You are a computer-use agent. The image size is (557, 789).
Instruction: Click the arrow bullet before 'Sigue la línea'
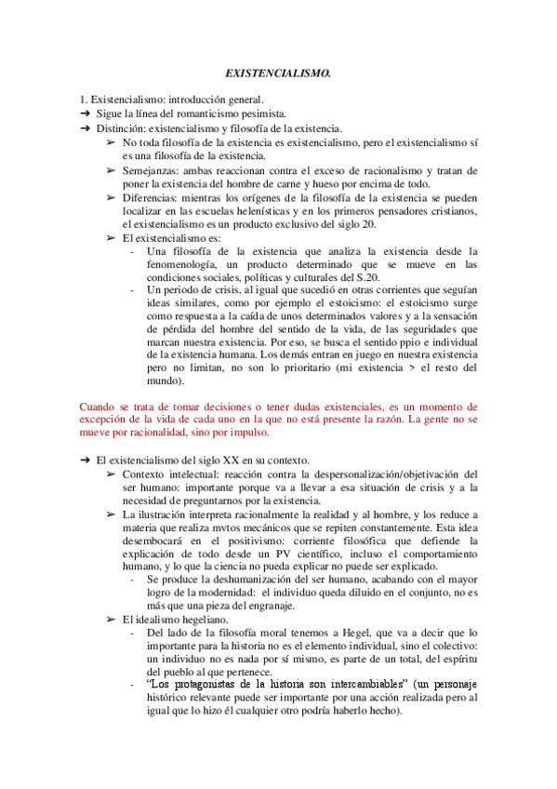tap(85, 114)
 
